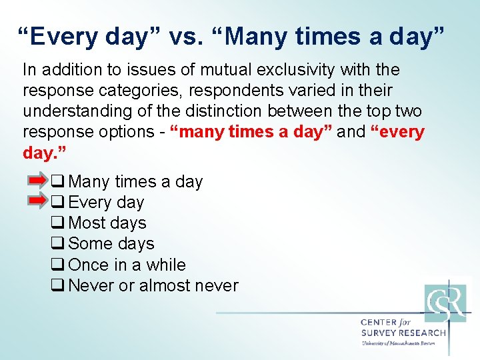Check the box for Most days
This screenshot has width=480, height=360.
click(57, 223)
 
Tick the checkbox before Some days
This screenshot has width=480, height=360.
click(57, 244)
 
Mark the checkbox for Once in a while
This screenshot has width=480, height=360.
click(57, 265)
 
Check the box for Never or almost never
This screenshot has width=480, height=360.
click(57, 285)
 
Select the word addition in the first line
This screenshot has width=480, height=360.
click(67, 69)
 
